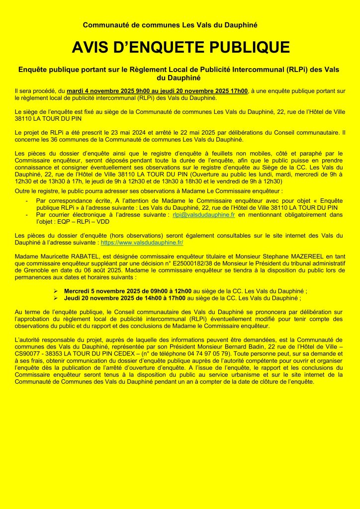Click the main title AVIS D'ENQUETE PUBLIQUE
(x=180, y=47)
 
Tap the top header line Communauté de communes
(x=170, y=25)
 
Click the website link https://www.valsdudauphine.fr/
(x=142, y=243)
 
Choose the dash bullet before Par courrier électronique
(x=27, y=214)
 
